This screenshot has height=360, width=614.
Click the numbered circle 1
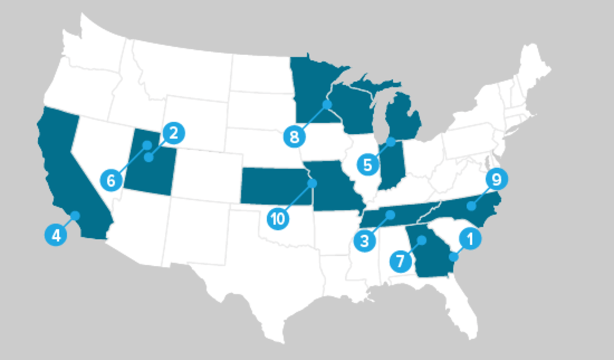click(x=469, y=239)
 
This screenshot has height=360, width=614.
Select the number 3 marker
click(x=364, y=241)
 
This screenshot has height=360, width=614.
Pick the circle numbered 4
click(x=56, y=235)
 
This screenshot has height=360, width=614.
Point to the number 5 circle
click(x=368, y=164)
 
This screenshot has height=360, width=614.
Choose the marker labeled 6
click(x=111, y=179)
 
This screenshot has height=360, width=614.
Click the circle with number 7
click(x=400, y=261)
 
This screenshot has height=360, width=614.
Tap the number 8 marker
click(x=294, y=137)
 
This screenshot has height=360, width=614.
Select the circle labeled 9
click(x=496, y=179)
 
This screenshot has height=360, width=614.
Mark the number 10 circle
click(x=278, y=218)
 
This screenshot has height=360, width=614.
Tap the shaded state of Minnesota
click(x=309, y=84)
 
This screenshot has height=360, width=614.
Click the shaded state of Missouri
click(x=330, y=186)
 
